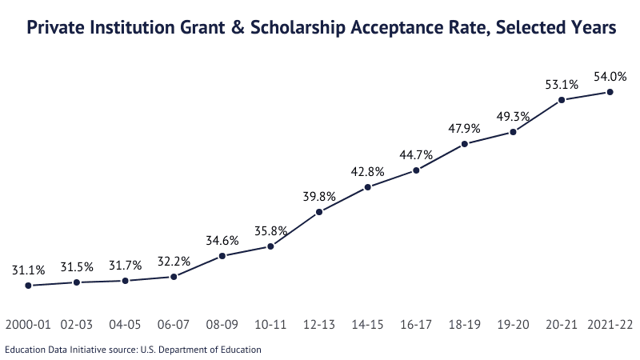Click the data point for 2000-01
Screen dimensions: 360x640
click(x=28, y=285)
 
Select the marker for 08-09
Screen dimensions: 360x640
click(x=222, y=256)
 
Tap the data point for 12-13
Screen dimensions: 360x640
click(x=319, y=212)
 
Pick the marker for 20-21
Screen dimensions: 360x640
click(x=562, y=100)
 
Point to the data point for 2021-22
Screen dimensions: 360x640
click(x=610, y=92)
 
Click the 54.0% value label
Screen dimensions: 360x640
click(x=610, y=77)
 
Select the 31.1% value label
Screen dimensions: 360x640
click(x=28, y=270)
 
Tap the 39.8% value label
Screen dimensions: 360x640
click(x=319, y=197)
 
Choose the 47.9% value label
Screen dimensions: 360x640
click(x=465, y=129)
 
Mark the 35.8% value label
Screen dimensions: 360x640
click(x=270, y=231)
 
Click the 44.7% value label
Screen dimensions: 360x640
click(x=416, y=155)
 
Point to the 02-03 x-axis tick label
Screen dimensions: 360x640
click(x=77, y=326)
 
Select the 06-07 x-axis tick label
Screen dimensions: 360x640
click(x=174, y=326)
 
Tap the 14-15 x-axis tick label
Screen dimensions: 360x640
click(x=367, y=326)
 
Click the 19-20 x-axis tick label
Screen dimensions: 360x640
click(x=513, y=326)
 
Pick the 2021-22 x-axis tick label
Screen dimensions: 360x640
click(x=610, y=326)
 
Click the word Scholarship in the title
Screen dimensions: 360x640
click(x=297, y=28)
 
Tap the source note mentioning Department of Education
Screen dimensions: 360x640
click(x=133, y=349)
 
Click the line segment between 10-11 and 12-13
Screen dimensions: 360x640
click(x=295, y=229)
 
